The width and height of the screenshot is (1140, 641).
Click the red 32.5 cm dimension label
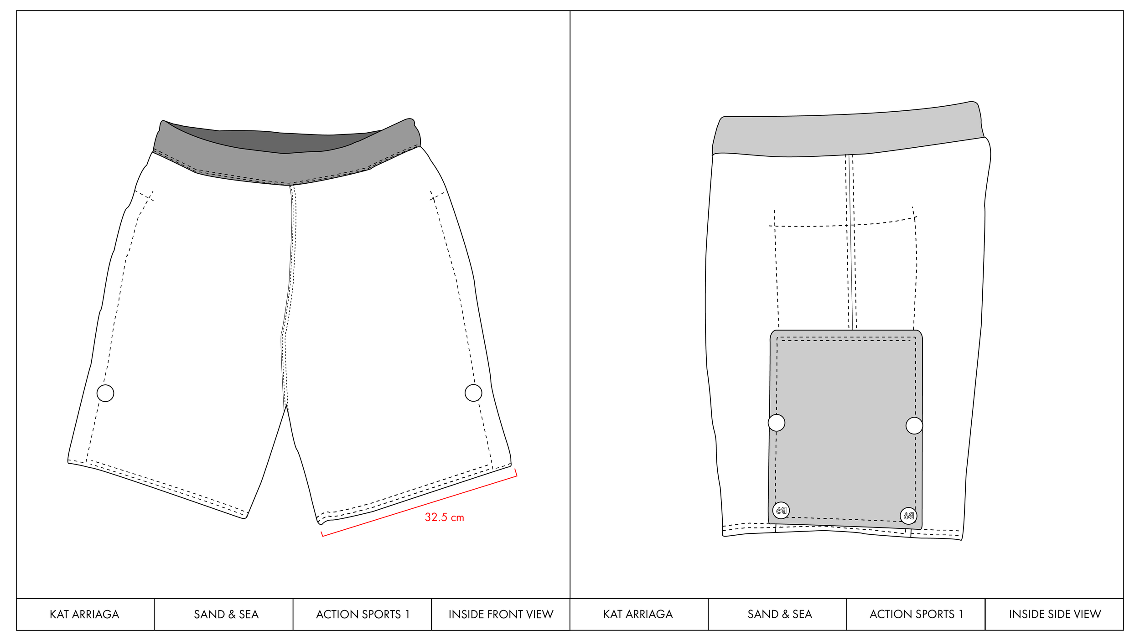pos(444,517)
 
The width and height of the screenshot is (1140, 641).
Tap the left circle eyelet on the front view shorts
pos(105,393)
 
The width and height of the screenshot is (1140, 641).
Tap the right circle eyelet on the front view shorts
pos(473,393)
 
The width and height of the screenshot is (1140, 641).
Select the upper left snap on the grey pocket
pos(777,423)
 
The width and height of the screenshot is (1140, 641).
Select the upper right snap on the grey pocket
pos(914,425)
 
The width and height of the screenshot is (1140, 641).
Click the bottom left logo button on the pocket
pos(781,510)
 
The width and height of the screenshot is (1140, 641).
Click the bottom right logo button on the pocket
pos(908,516)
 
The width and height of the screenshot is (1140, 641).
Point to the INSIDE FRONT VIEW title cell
pos(501,615)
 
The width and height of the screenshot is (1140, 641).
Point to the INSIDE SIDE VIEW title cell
pos(1055,615)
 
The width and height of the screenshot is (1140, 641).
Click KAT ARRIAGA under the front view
pos(84,615)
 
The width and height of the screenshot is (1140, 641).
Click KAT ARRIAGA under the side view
pos(638,615)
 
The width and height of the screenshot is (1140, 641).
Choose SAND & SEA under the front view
pos(226,615)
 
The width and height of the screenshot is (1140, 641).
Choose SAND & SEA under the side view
pos(780,615)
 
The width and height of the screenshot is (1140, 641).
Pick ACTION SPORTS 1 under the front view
pos(363,615)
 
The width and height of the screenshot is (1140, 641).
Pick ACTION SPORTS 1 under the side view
pos(916,615)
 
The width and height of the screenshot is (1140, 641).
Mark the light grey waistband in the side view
pos(848,134)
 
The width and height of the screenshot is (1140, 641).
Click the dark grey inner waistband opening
pos(283,141)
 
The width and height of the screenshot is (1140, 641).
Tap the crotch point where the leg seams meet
pos(286,406)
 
